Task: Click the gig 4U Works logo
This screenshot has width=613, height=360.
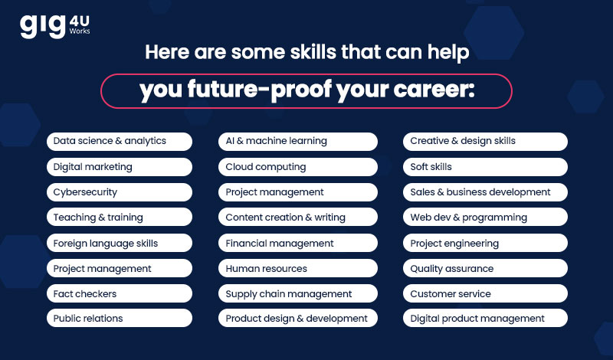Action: pyautogui.click(x=54, y=26)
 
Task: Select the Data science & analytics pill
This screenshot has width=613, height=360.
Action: pyautogui.click(x=120, y=142)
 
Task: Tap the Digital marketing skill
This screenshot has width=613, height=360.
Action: pyautogui.click(x=120, y=167)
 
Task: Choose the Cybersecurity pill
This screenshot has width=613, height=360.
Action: pyautogui.click(x=120, y=192)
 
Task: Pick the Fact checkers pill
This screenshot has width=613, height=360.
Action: pyautogui.click(x=120, y=293)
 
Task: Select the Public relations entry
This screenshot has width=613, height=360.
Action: pyautogui.click(x=120, y=318)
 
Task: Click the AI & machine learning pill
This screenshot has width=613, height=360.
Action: pyautogui.click(x=298, y=142)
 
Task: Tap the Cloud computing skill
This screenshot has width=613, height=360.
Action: pyautogui.click(x=298, y=167)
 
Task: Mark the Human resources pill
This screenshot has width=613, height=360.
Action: pyautogui.click(x=298, y=268)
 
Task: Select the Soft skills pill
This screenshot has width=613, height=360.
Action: pyautogui.click(x=485, y=167)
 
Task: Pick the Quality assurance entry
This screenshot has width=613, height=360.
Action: pyautogui.click(x=485, y=268)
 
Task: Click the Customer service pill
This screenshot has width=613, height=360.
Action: pyautogui.click(x=485, y=293)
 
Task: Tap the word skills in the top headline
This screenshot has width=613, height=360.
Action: pyautogui.click(x=313, y=51)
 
